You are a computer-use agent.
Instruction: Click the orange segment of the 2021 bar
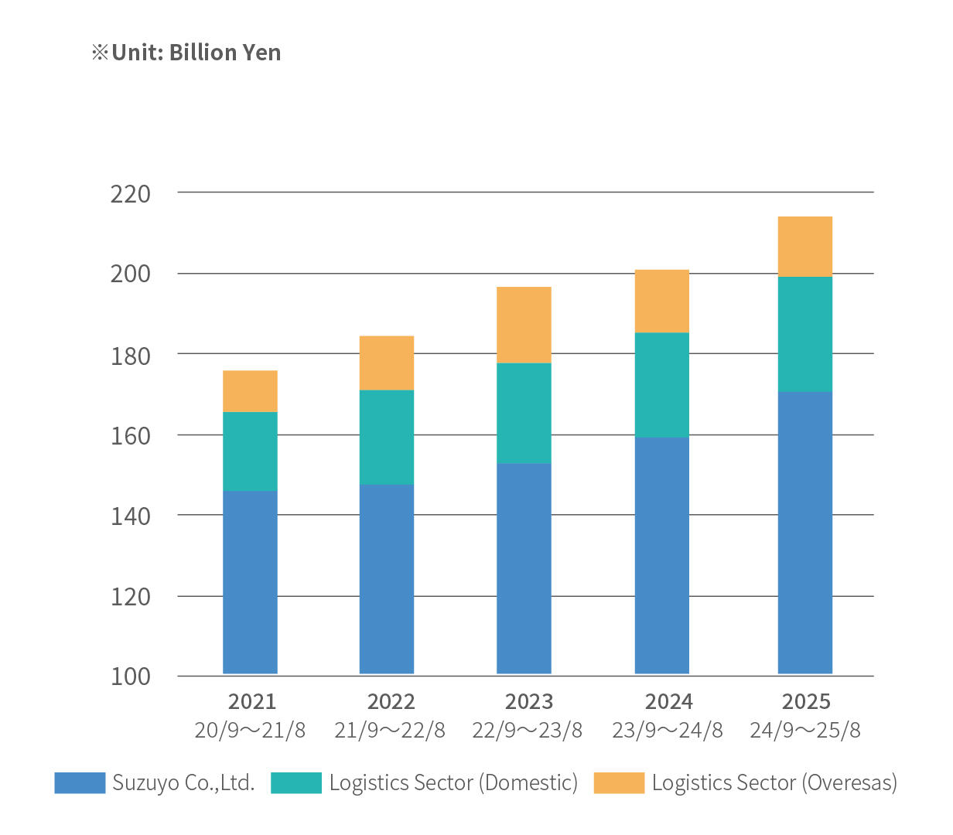(x=250, y=391)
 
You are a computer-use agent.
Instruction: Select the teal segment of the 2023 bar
(x=524, y=413)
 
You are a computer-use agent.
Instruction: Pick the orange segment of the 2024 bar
(x=661, y=301)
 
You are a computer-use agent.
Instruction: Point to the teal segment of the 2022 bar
(x=387, y=437)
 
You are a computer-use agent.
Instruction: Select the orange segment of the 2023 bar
(x=524, y=325)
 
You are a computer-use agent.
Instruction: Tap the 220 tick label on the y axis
(x=130, y=193)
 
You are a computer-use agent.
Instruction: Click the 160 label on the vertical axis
(x=130, y=436)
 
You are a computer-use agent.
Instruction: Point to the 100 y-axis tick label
(x=130, y=677)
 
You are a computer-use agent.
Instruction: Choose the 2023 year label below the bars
(x=529, y=701)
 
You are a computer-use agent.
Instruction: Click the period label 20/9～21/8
(x=250, y=730)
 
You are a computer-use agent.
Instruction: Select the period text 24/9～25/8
(x=804, y=730)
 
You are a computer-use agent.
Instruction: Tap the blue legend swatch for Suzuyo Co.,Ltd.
(x=80, y=782)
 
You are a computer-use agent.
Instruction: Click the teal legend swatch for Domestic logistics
(x=295, y=782)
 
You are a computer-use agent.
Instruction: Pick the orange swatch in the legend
(x=619, y=782)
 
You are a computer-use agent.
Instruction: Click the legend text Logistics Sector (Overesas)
(x=774, y=782)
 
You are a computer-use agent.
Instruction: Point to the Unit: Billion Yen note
(x=186, y=53)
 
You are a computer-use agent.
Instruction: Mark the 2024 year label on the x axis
(x=668, y=701)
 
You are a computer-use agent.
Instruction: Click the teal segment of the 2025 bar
(x=804, y=334)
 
